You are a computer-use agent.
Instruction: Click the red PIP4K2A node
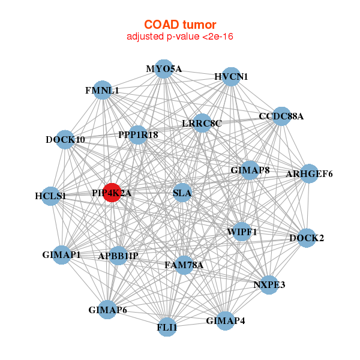(x=112, y=193)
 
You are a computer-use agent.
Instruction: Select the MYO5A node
(x=164, y=69)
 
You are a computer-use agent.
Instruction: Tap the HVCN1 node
(x=232, y=77)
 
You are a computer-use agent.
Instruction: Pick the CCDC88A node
(x=281, y=116)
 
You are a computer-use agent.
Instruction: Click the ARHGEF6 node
(x=309, y=174)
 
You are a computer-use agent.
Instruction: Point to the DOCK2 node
(x=307, y=238)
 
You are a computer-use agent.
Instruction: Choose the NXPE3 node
(x=269, y=284)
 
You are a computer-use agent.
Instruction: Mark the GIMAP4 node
(x=226, y=320)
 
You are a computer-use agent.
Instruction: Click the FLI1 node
(x=167, y=328)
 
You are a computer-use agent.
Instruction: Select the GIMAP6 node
(x=107, y=310)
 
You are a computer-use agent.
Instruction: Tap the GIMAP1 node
(x=62, y=254)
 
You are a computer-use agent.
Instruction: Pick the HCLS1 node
(x=50, y=196)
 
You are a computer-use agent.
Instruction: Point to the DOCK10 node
(x=65, y=140)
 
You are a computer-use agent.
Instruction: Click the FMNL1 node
(x=103, y=91)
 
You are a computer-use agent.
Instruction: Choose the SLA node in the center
(x=182, y=193)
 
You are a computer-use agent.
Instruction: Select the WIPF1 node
(x=242, y=232)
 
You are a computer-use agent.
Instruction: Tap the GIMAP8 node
(x=250, y=170)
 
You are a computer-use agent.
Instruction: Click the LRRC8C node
(x=202, y=124)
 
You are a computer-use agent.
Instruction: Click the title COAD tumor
(x=180, y=24)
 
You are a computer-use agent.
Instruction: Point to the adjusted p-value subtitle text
(x=180, y=37)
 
